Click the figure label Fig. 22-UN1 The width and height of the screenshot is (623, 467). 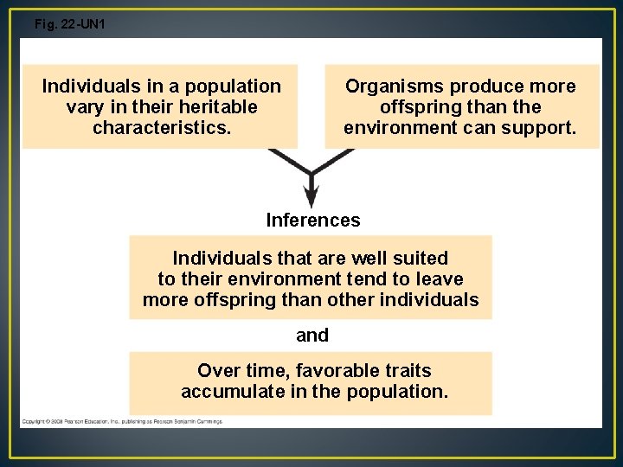(x=69, y=24)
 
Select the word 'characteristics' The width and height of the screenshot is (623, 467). (x=159, y=128)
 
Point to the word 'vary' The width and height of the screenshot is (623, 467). (x=83, y=107)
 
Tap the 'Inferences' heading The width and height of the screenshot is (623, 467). (x=313, y=221)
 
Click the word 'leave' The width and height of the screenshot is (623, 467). (x=440, y=279)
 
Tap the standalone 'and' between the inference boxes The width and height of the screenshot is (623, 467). (x=312, y=336)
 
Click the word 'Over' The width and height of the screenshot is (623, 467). (x=217, y=371)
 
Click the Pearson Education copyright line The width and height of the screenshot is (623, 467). (x=122, y=421)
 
